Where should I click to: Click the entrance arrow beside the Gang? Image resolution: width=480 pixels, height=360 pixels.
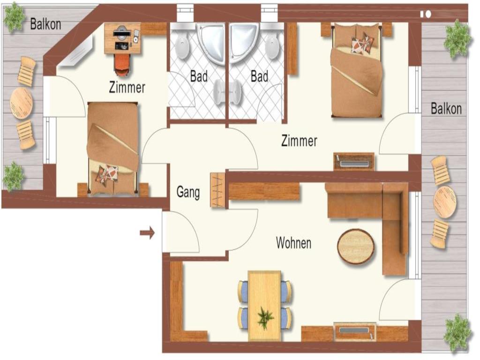click(x=147, y=233)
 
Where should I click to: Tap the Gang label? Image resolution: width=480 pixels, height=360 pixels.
click(x=188, y=192)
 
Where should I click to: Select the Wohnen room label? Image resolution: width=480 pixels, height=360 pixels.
click(x=293, y=243)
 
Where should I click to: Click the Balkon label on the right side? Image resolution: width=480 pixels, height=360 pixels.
click(x=446, y=109)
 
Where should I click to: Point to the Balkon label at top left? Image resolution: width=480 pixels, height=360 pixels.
click(x=45, y=24)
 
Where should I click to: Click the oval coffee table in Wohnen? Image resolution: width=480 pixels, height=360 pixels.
click(x=356, y=247)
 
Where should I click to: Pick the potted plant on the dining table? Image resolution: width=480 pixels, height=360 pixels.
click(x=265, y=318)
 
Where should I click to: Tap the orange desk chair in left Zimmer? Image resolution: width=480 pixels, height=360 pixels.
click(x=122, y=65)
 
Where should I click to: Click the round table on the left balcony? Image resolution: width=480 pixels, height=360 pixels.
click(x=21, y=103)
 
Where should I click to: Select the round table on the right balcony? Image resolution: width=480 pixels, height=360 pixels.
click(x=444, y=202)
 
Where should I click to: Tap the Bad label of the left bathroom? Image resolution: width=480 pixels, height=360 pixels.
click(x=199, y=76)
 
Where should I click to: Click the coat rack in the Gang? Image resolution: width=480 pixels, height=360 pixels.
click(x=217, y=190)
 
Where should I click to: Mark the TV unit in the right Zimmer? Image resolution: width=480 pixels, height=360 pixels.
click(x=354, y=162)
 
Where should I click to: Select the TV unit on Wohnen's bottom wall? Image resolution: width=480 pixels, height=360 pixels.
click(x=355, y=331)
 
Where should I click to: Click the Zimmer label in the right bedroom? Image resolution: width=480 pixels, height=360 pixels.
click(x=299, y=141)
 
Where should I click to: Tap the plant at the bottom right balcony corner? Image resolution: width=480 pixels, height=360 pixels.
click(x=457, y=333)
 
